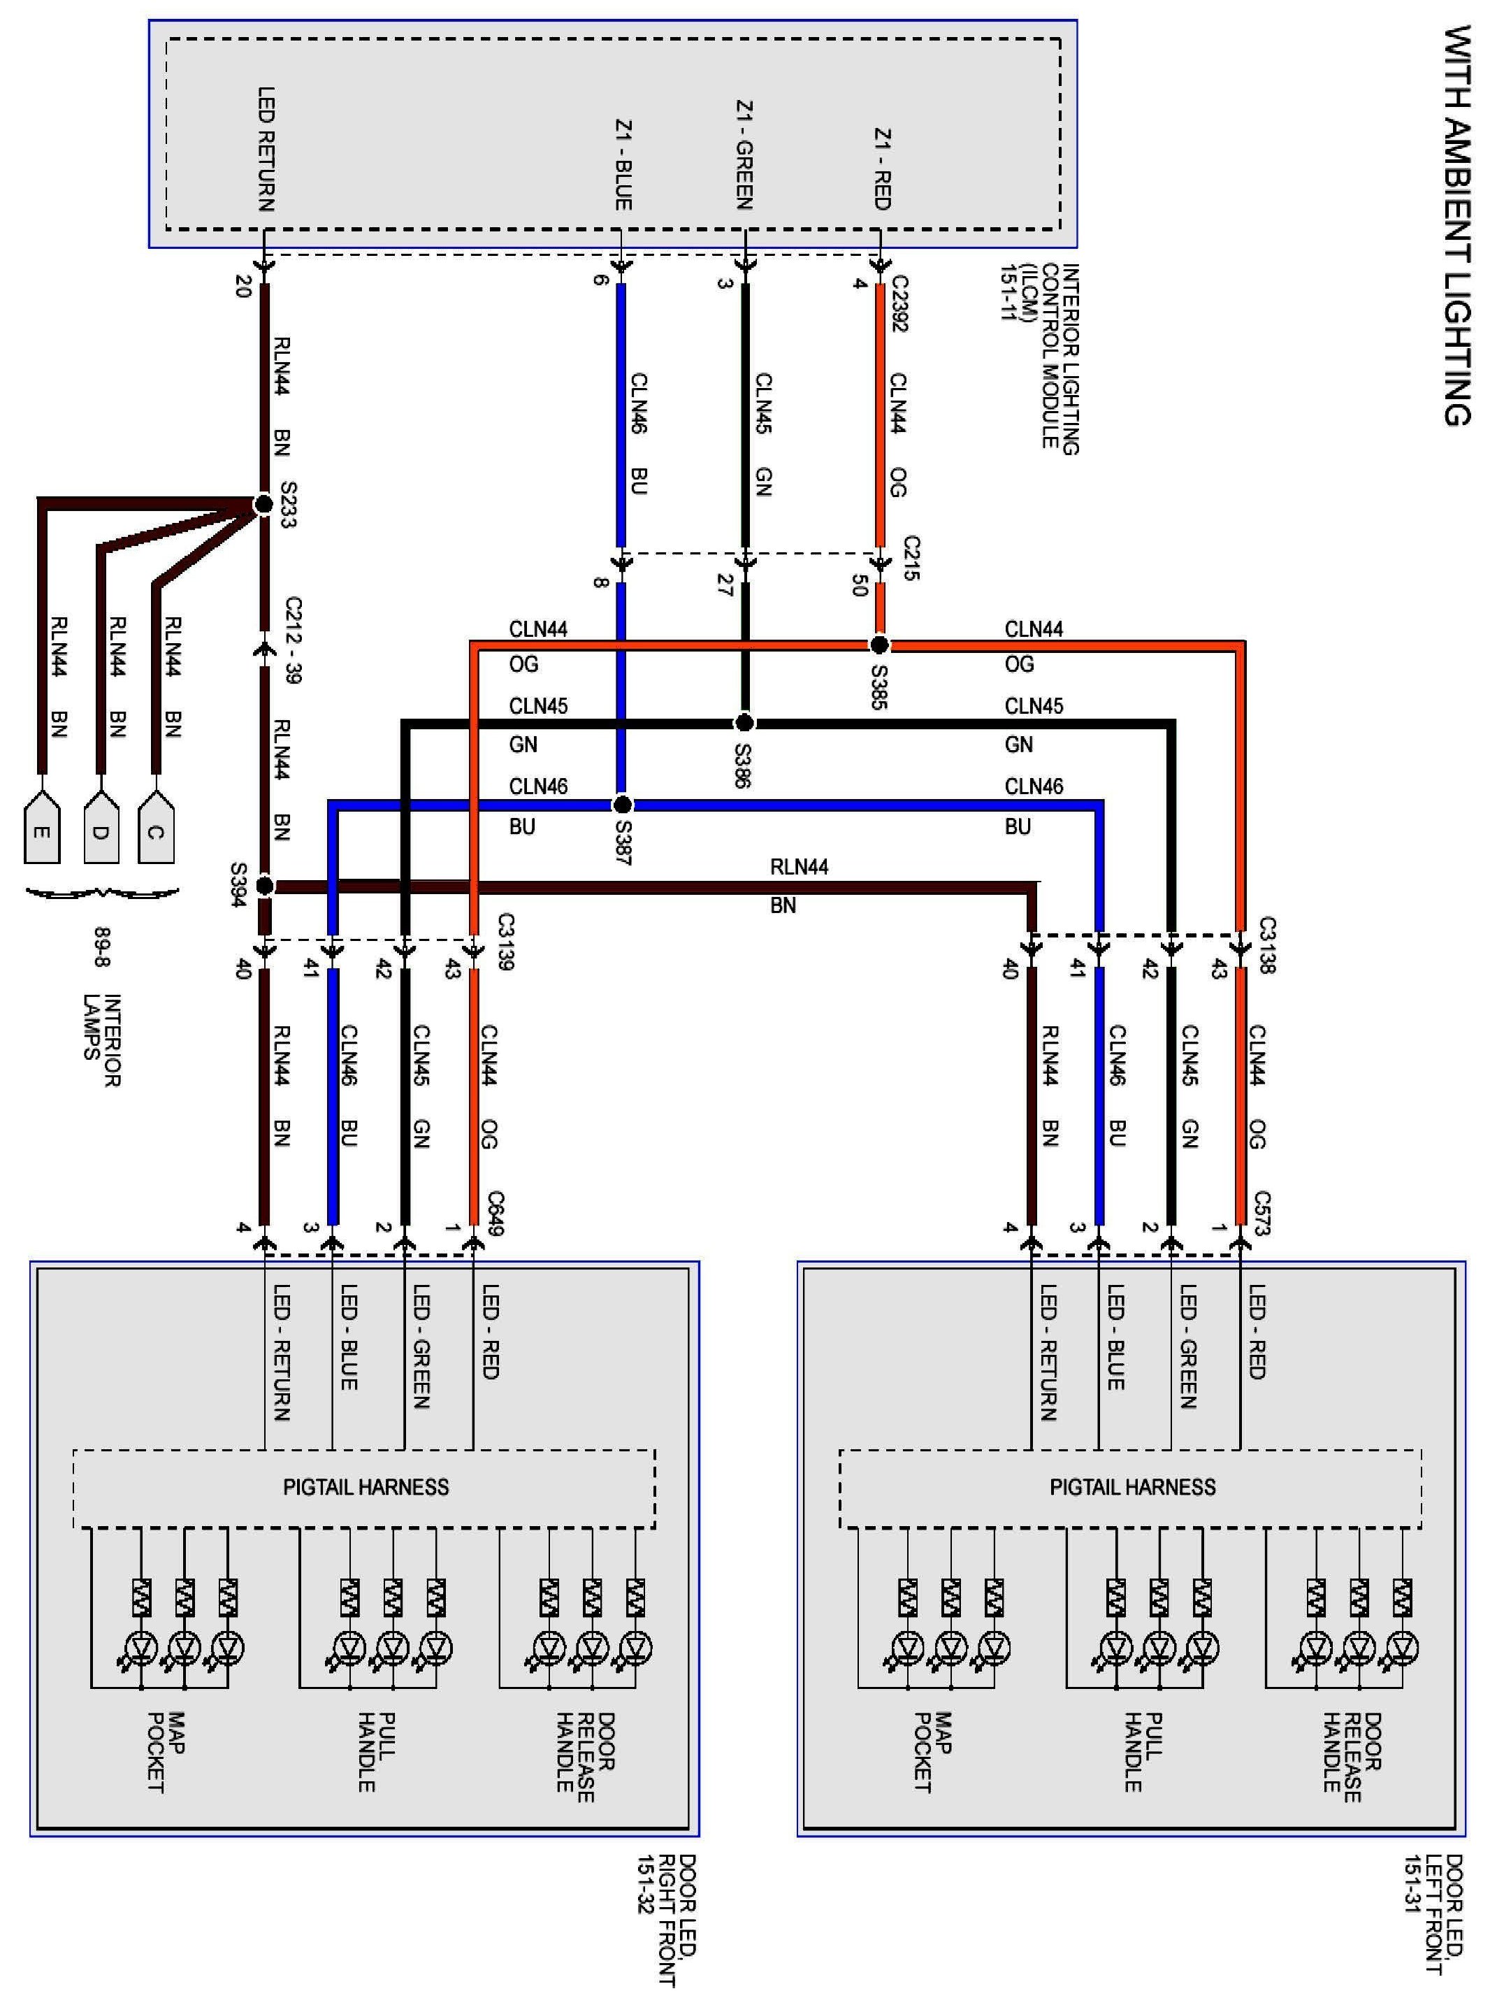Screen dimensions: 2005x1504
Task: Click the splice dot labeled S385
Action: coord(878,645)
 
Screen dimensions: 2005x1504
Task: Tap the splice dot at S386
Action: coord(744,722)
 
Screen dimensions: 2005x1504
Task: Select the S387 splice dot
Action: coord(623,804)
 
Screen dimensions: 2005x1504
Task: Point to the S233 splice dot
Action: coord(263,504)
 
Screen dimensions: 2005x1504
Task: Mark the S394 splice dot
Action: coord(265,886)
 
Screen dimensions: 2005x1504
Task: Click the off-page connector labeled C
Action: coord(156,826)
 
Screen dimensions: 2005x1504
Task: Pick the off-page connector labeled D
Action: coord(101,826)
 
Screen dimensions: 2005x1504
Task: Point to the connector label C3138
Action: coord(1266,945)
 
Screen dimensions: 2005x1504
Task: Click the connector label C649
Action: coord(495,1213)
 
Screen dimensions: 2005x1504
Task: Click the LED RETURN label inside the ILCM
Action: coord(266,150)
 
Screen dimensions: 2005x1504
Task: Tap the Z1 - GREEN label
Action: coord(744,154)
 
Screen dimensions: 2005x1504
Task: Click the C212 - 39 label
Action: coord(293,639)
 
